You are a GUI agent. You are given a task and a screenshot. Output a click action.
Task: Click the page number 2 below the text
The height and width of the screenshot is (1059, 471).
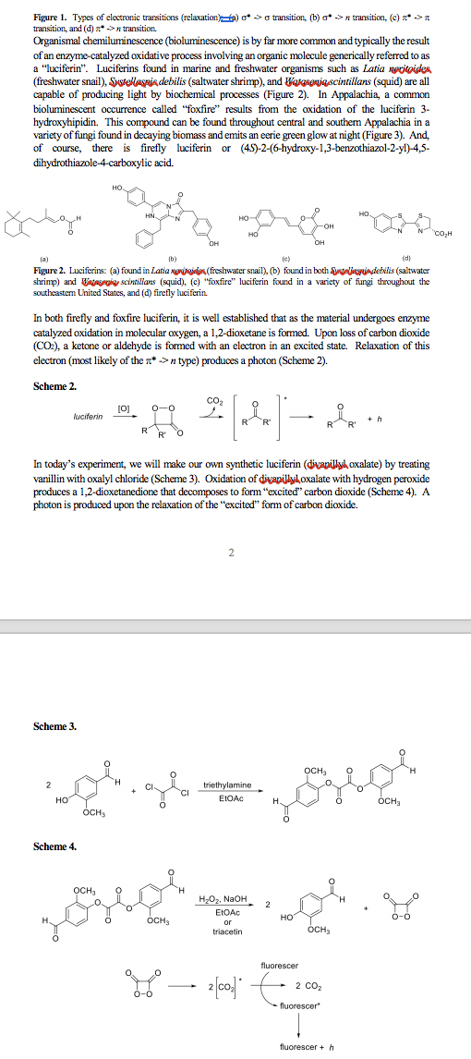(x=231, y=553)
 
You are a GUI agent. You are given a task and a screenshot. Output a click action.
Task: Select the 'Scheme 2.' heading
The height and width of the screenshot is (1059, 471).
(x=54, y=385)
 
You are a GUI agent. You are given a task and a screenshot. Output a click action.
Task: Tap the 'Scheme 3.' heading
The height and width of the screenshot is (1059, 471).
(x=54, y=726)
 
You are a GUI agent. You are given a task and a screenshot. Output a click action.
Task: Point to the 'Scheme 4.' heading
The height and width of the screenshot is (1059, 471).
(x=54, y=846)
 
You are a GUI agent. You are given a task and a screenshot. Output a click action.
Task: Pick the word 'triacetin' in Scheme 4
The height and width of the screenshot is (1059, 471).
(x=227, y=931)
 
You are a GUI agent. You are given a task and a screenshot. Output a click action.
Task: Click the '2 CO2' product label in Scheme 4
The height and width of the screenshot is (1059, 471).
(x=308, y=988)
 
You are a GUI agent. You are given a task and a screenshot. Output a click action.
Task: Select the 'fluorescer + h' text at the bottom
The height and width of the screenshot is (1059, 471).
(x=306, y=1047)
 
